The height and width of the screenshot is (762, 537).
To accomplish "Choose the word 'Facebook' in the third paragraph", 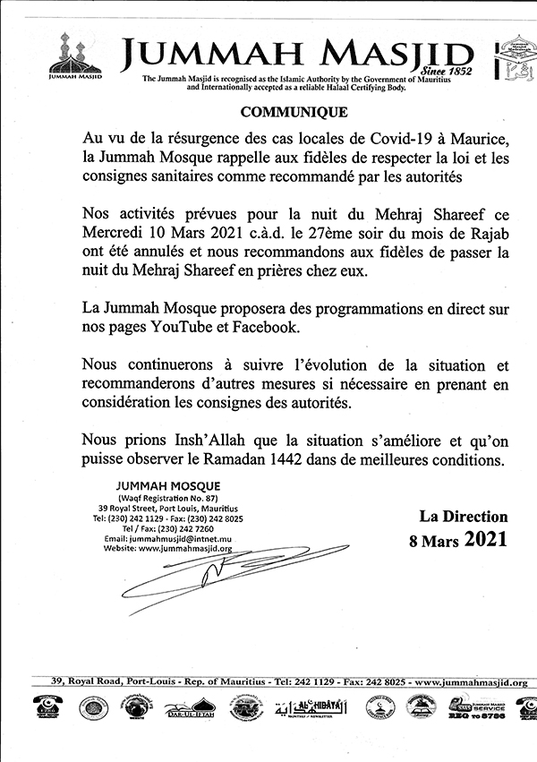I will (265, 328).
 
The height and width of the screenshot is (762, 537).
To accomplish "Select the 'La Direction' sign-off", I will (463, 517).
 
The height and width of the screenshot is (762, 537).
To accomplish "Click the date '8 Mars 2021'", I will (464, 539).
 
